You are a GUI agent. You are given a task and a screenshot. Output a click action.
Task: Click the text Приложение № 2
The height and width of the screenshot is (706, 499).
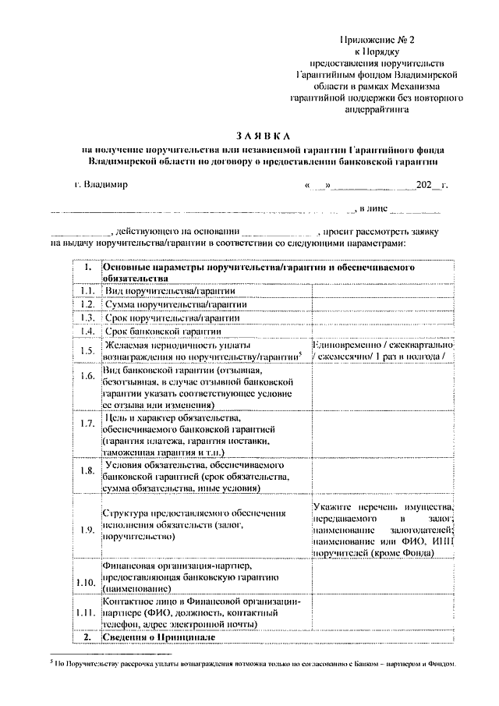[x=373, y=38]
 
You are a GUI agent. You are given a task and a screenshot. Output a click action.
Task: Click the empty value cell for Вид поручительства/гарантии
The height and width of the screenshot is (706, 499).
[x=382, y=291]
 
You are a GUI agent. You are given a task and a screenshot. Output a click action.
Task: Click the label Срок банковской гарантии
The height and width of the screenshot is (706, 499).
[x=161, y=331]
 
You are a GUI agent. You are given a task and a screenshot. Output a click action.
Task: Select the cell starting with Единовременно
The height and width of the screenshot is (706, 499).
[x=382, y=350]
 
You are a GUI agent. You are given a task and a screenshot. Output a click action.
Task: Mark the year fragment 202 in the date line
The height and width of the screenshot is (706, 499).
[x=424, y=186]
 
